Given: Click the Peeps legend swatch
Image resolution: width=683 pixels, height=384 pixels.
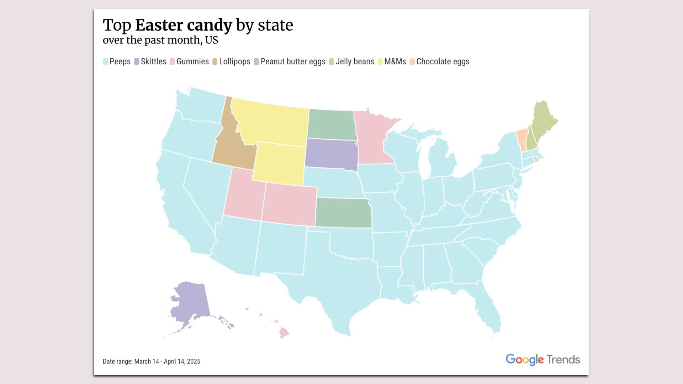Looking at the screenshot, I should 105,62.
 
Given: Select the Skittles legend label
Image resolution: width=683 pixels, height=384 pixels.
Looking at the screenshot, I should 153,62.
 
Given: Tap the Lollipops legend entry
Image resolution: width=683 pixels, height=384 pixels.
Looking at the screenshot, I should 234,62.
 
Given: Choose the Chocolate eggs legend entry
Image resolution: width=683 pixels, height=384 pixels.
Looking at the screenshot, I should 443,62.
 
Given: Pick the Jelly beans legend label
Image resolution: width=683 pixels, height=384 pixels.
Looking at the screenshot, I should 355,62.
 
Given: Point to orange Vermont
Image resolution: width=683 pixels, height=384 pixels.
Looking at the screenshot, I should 521,140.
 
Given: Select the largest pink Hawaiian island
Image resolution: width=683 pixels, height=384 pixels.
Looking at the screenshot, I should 284,333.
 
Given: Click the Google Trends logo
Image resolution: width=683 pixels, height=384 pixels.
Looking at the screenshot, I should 542,359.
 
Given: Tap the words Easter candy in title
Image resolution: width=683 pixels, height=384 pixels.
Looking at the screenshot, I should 184,25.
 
